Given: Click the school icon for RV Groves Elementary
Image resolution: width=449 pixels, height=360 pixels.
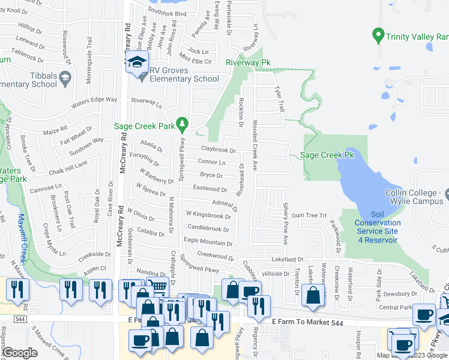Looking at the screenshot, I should click(x=137, y=62).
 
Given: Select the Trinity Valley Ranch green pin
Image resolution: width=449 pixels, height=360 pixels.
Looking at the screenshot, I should click(x=378, y=35).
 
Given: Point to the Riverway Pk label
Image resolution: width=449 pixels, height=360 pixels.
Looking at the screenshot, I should click(x=248, y=62).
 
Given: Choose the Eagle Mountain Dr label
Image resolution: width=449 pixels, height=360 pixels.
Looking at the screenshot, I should click(x=208, y=241).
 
